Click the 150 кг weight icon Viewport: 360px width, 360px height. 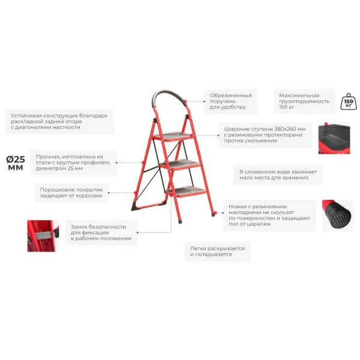point(348,101)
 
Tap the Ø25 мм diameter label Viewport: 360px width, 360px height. point(16,163)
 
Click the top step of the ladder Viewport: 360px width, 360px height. point(173,136)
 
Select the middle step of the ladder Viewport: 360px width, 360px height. point(180,164)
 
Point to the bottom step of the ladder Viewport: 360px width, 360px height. point(186,191)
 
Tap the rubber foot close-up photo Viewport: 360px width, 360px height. point(337,215)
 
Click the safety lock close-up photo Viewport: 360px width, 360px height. point(43,236)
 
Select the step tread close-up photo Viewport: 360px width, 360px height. point(334,138)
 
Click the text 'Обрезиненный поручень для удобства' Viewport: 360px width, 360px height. point(231,101)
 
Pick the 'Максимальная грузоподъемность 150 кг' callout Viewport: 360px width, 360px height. point(304,101)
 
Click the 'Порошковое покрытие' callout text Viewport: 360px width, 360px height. point(71,193)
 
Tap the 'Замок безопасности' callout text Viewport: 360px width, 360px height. point(101,233)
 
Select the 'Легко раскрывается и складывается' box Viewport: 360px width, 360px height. point(217,251)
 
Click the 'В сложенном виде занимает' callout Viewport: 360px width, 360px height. point(278,175)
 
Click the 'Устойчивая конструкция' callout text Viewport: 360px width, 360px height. point(59,121)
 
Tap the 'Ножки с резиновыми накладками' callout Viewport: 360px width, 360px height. point(269,215)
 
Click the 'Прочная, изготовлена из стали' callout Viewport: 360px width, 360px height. point(73,163)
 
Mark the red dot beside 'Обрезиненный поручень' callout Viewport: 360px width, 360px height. point(205,101)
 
